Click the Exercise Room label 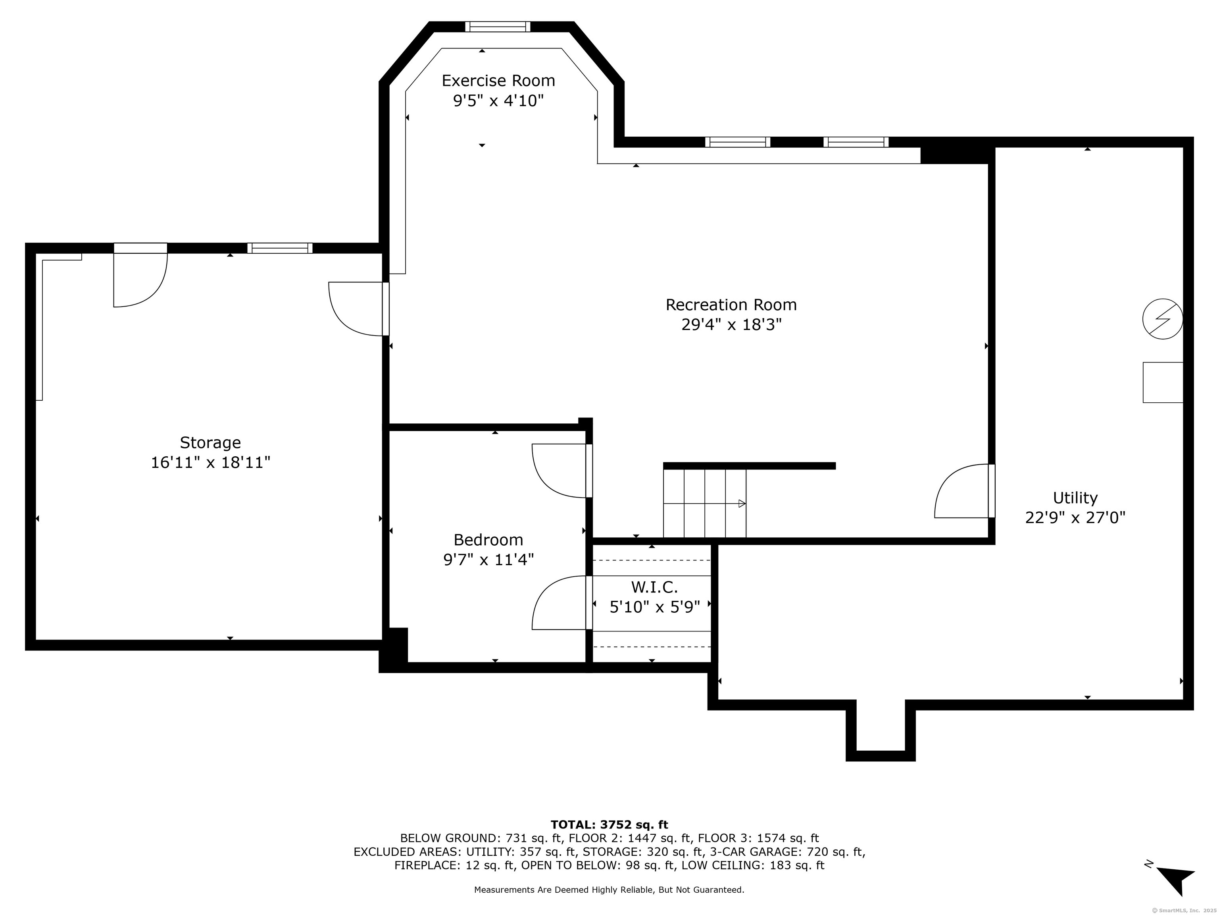(498, 81)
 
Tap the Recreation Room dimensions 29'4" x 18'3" (731, 324)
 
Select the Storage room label (211, 443)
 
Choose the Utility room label (1075, 498)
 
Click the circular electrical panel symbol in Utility (1163, 319)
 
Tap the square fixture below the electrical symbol (1163, 382)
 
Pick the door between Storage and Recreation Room (359, 309)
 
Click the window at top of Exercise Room (498, 27)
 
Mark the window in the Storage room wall (280, 248)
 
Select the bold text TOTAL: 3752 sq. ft (609, 824)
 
